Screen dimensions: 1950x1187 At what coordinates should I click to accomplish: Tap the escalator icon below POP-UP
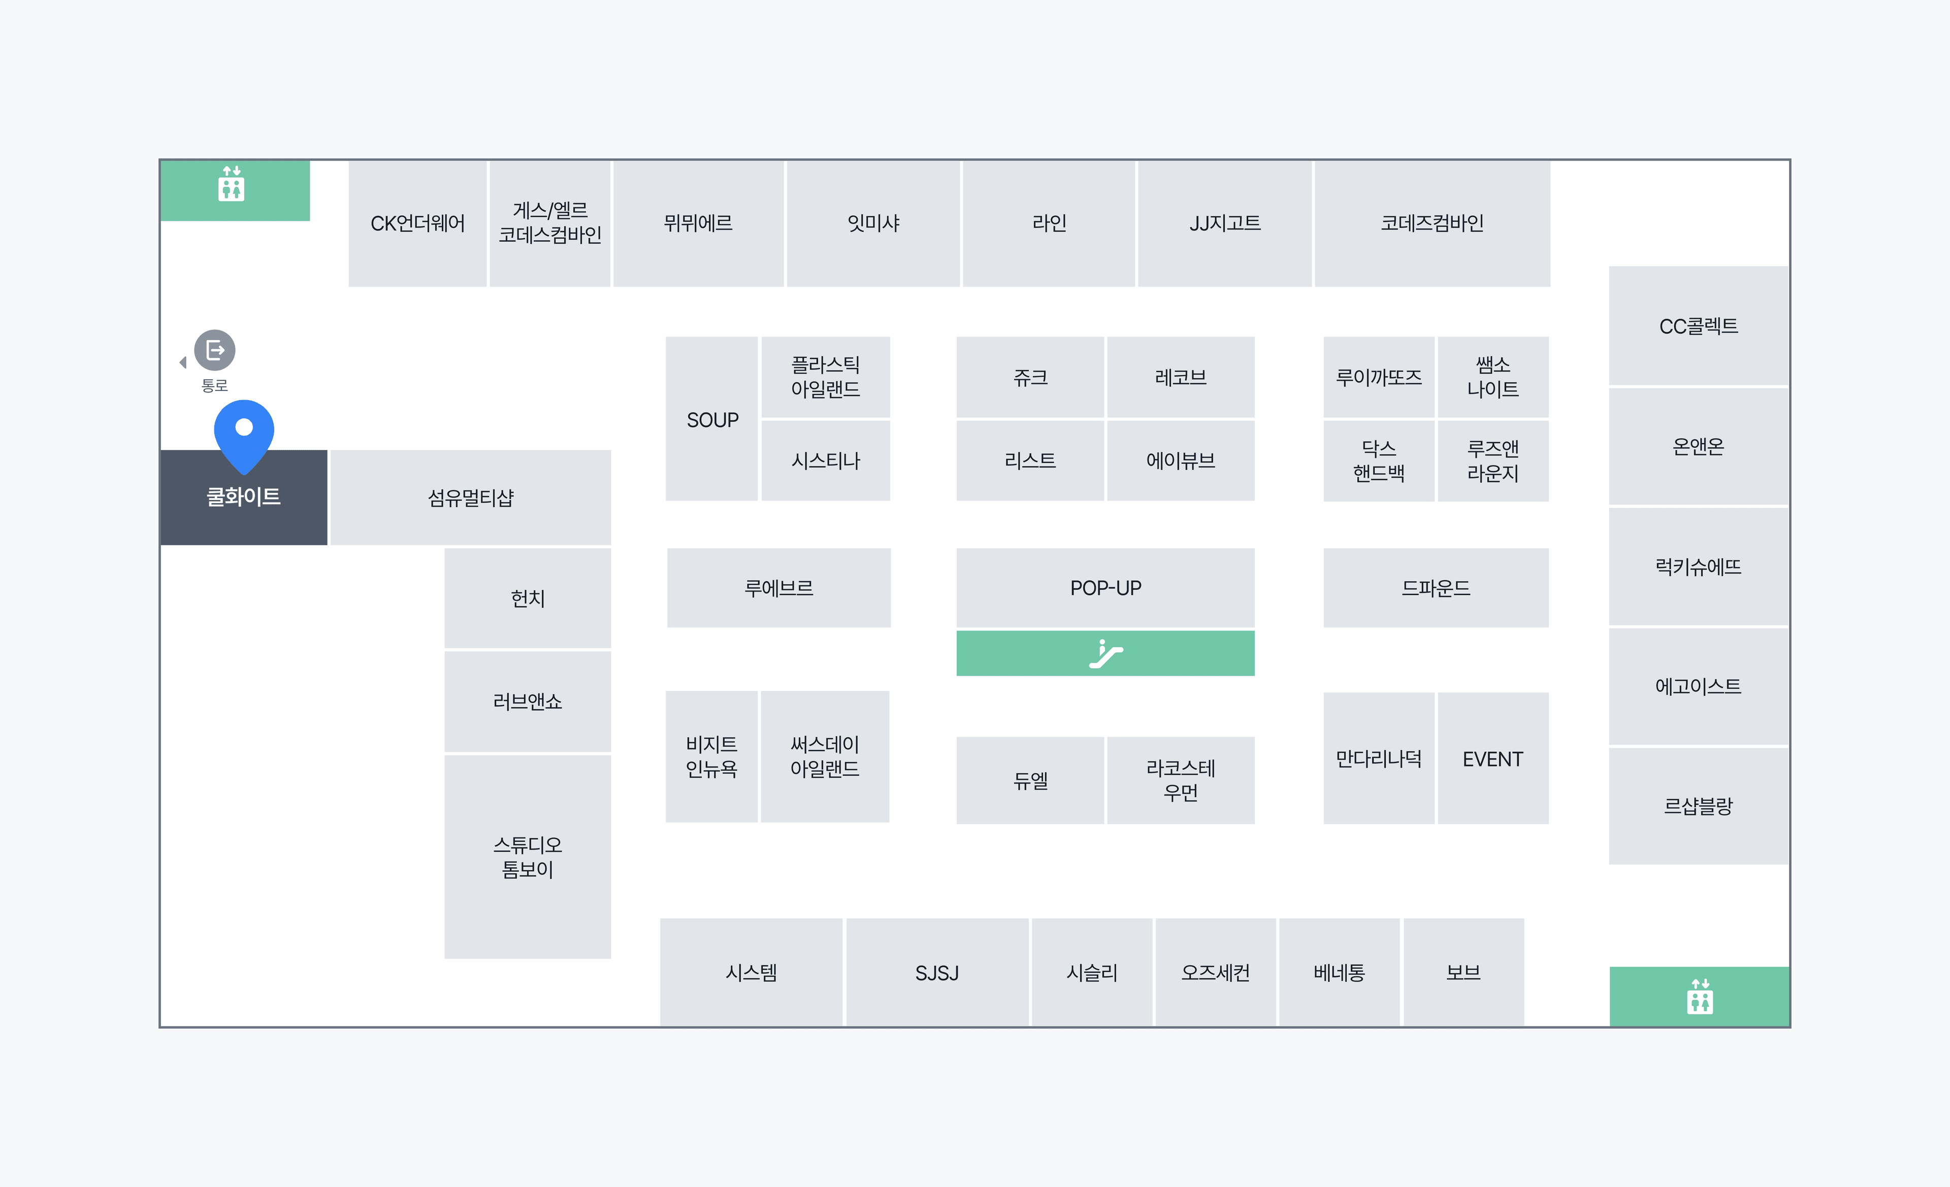click(x=1106, y=653)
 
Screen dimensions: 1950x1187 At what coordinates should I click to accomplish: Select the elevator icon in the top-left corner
click(x=231, y=184)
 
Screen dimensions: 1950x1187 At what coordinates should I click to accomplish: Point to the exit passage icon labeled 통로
click(x=214, y=350)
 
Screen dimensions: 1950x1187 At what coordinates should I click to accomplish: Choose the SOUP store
click(x=712, y=419)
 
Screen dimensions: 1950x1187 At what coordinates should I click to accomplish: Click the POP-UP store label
click(x=1106, y=588)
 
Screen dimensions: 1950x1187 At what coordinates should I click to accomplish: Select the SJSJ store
click(x=937, y=973)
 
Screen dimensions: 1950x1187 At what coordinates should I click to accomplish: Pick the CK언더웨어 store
click(x=418, y=224)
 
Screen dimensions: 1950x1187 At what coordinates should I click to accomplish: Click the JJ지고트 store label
click(x=1225, y=223)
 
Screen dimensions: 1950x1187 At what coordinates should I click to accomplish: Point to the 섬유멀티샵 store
click(x=471, y=498)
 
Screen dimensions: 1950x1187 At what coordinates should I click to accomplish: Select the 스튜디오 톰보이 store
click(x=528, y=857)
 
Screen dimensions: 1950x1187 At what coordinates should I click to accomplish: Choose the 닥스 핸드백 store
click(x=1379, y=460)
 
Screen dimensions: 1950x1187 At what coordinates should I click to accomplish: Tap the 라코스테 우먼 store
click(x=1181, y=780)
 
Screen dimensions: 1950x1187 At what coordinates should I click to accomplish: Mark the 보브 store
click(x=1464, y=973)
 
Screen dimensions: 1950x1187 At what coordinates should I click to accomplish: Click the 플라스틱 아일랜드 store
click(x=825, y=377)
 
